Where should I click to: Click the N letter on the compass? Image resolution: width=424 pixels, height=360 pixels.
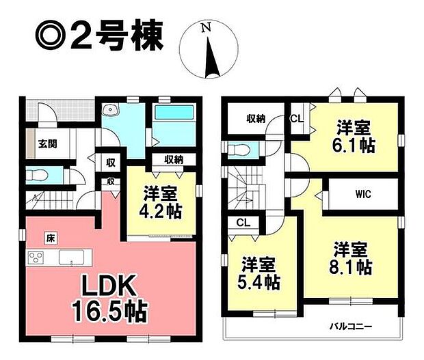point(205,27)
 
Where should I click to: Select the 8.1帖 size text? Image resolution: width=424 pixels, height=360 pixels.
point(353,266)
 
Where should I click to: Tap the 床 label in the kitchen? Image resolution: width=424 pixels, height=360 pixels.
point(51,238)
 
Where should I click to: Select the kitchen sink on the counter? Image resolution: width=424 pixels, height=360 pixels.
point(70,258)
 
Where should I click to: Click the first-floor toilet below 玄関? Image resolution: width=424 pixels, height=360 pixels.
point(38,175)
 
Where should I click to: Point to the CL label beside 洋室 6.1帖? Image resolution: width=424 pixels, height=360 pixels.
point(297,117)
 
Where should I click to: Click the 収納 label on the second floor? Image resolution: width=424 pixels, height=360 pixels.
point(256,117)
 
